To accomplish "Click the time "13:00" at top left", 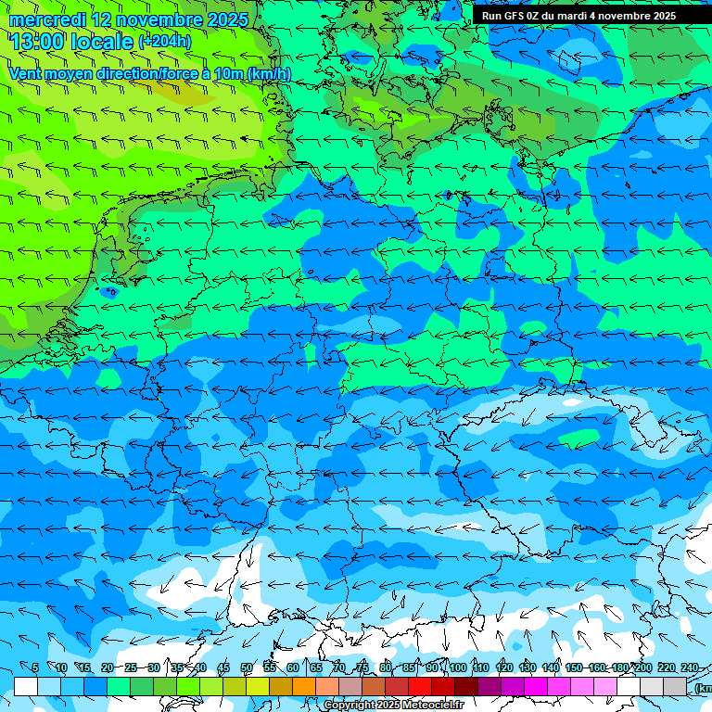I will [37, 42].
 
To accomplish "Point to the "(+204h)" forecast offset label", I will [164, 42].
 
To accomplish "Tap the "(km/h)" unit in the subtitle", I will [269, 73].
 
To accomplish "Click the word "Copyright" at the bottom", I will [349, 706].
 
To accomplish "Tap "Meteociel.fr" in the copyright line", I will [433, 706].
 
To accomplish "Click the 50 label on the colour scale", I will [247, 667].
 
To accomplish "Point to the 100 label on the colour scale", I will [457, 667].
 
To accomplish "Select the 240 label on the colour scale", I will [689, 667].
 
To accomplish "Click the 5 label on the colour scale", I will [35, 667].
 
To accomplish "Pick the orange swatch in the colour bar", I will [303, 686].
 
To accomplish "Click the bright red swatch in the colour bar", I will [420, 686].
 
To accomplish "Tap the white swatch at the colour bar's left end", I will [26, 686].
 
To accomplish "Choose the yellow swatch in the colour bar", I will [235, 686].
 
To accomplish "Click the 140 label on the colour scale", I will [550, 667].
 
